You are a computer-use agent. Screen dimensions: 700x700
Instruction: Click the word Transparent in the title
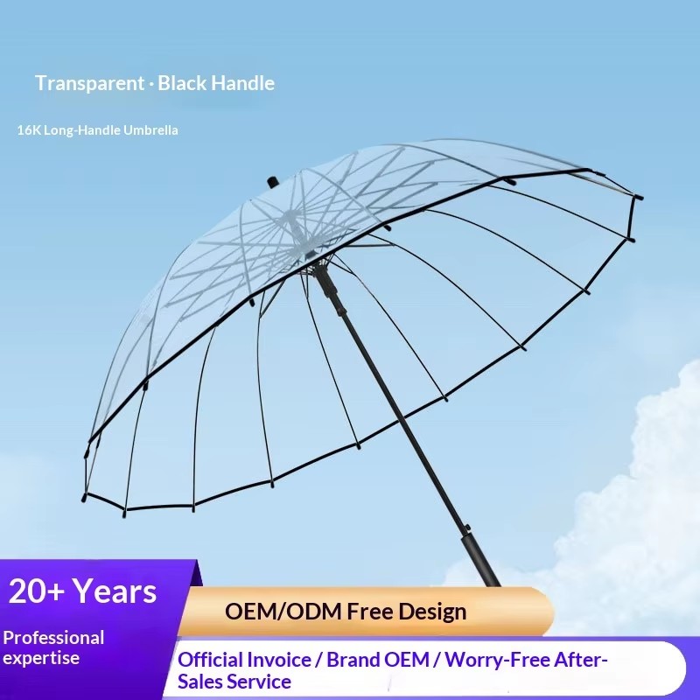(x=90, y=83)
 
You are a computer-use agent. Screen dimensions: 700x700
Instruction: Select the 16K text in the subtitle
(x=30, y=130)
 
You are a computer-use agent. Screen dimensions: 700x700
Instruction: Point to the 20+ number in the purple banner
(x=37, y=591)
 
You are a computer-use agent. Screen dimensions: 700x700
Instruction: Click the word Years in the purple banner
(x=115, y=591)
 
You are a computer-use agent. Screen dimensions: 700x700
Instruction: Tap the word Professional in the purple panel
(x=53, y=638)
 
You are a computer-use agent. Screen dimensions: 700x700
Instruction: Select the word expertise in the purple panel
(x=41, y=659)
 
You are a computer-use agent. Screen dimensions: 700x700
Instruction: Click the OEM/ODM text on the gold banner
(x=283, y=611)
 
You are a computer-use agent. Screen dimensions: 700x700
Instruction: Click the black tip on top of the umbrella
(x=272, y=183)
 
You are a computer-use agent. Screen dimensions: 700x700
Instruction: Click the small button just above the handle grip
(x=467, y=528)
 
